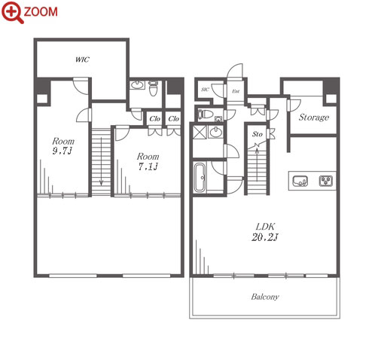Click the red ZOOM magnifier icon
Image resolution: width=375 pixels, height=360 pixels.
pos(13,13)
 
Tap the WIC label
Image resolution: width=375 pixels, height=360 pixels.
pos(82,59)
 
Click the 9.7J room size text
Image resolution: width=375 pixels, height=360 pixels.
pos(62,151)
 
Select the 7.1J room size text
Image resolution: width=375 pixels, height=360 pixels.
pos(148,166)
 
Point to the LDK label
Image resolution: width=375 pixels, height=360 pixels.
pos(265,227)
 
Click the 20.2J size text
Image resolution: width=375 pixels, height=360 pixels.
pos(265,237)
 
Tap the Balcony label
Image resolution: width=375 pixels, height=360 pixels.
pos(265,297)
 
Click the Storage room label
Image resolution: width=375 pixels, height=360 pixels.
pos(314,117)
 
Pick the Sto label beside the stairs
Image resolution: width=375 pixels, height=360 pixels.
pos(258,134)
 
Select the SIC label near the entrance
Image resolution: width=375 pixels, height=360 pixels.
pos(205,90)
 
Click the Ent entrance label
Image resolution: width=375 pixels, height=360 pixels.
pos(236,91)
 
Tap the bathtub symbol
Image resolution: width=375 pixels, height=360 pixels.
pos(200,178)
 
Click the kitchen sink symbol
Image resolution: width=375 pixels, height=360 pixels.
pos(300,181)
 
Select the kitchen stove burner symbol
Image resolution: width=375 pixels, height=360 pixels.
pos(326,181)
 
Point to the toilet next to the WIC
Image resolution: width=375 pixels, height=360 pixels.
pos(153,88)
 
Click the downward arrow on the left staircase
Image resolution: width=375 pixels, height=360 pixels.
pos(101,161)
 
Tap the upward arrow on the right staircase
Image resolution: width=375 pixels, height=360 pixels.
pos(257,165)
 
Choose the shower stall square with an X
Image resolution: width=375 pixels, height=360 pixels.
pos(200,133)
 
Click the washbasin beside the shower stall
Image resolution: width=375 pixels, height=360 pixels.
pos(216,132)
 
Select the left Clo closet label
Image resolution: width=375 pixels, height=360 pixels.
pos(154,118)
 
